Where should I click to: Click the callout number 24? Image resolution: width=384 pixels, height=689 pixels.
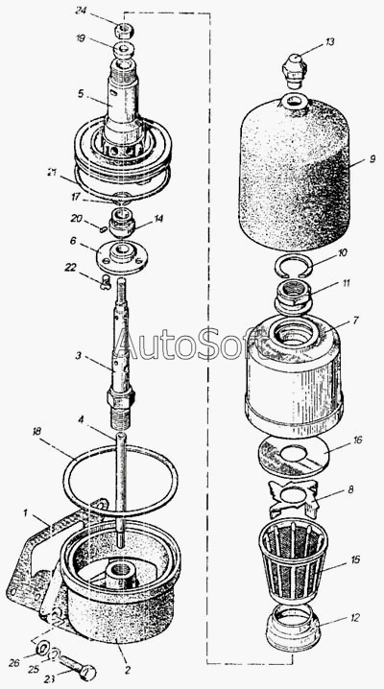click(x=81, y=12)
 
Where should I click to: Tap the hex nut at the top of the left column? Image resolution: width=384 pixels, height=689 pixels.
click(x=124, y=32)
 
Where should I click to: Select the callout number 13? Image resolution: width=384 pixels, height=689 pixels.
click(x=329, y=42)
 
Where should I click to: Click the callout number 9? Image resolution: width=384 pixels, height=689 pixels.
click(x=372, y=159)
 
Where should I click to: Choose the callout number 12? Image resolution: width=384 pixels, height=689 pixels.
click(x=354, y=617)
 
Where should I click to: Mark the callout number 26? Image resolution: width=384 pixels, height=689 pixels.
click(x=15, y=663)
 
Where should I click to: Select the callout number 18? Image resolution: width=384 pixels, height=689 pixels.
click(x=36, y=432)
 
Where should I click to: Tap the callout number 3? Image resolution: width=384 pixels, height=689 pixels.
click(x=78, y=356)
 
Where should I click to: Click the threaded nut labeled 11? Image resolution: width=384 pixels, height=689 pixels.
click(x=293, y=298)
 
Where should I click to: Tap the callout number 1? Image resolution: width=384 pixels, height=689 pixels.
click(x=26, y=512)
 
